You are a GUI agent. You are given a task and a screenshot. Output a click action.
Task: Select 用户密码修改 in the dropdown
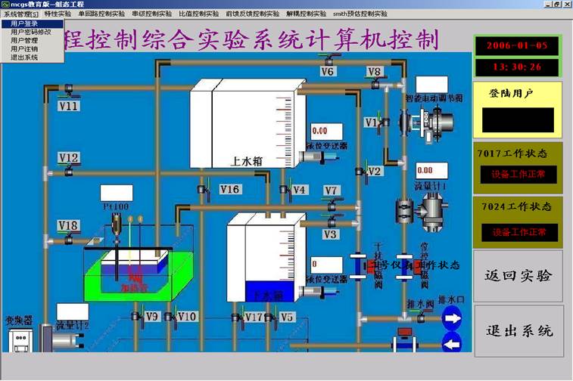coord(30,32)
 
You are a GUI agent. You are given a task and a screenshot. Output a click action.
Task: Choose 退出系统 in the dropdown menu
coord(24,57)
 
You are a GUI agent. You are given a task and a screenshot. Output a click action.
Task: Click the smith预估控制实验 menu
coord(360,14)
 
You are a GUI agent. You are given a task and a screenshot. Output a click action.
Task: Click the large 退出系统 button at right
coord(519,331)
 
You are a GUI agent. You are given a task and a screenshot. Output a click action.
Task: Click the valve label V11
coord(69,107)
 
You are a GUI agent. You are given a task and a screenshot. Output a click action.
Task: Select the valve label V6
coord(327,72)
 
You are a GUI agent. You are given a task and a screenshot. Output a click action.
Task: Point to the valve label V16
coord(229,189)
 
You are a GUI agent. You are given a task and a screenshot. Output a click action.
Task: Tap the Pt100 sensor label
coord(115,206)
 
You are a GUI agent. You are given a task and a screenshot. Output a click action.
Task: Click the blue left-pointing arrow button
coord(453,345)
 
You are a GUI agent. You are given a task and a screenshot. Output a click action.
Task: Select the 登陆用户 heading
coord(512,94)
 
